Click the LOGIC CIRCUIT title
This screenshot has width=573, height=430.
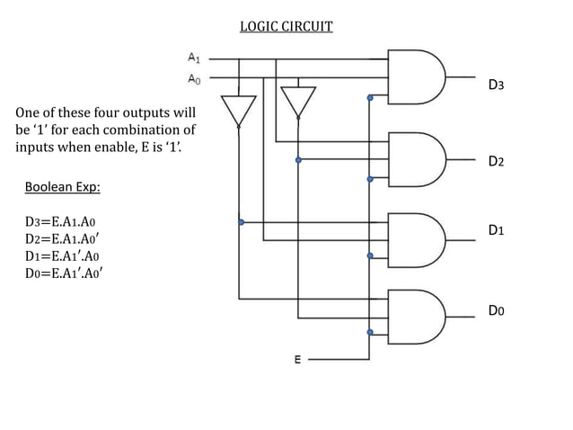tap(286, 26)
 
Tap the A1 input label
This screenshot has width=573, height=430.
tap(193, 58)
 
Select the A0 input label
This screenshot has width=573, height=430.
tap(193, 78)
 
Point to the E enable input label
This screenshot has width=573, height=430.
tap(298, 360)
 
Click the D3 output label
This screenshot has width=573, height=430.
tap(496, 85)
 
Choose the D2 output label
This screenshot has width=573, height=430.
tap(496, 162)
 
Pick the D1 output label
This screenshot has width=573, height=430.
tap(496, 230)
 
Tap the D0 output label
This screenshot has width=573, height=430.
tap(496, 310)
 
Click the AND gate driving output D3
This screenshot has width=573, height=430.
tap(417, 77)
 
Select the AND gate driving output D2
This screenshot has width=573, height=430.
tap(417, 160)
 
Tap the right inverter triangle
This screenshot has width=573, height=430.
tap(298, 102)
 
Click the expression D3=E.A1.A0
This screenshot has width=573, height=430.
tap(61, 221)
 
